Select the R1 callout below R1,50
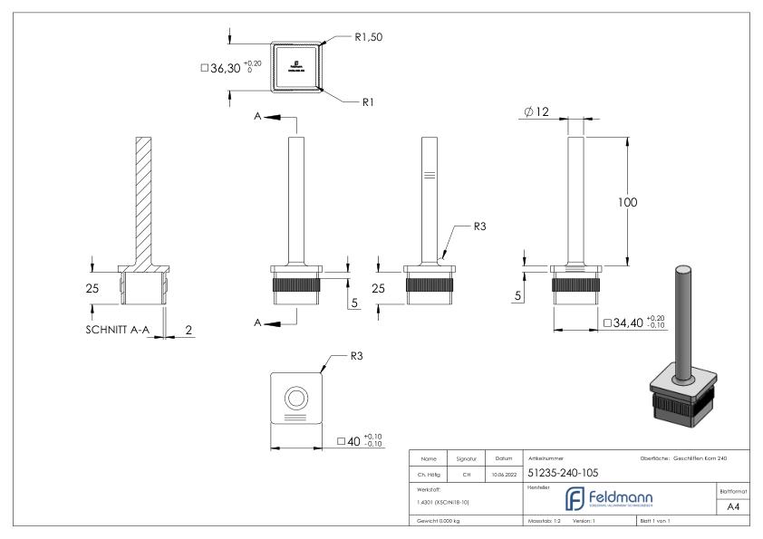pyautogui.click(x=368, y=103)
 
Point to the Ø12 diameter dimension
pyautogui.click(x=536, y=111)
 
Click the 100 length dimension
pyautogui.click(x=627, y=202)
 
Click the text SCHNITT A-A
pyautogui.click(x=111, y=330)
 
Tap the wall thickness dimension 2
pyautogui.click(x=188, y=330)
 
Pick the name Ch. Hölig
pyautogui.click(x=430, y=472)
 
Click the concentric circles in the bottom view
pyautogui.click(x=295, y=398)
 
